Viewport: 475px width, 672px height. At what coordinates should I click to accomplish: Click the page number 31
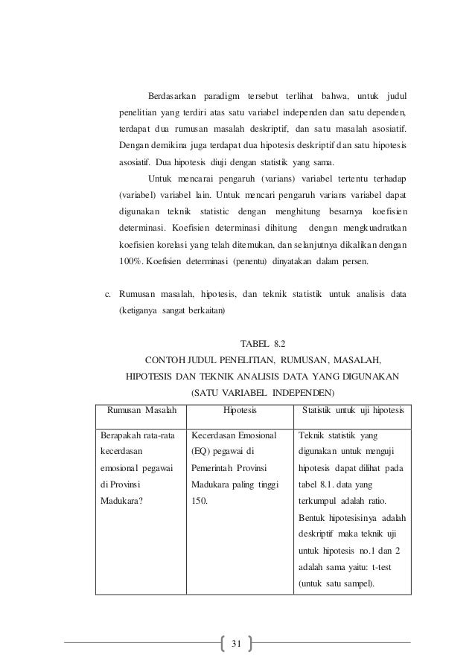238,642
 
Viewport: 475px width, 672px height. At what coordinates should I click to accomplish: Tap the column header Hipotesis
240,409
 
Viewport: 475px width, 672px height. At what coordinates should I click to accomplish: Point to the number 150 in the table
199,501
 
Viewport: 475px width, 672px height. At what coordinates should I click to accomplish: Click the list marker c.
106,294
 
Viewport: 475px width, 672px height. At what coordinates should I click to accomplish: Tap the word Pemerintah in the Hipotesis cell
212,468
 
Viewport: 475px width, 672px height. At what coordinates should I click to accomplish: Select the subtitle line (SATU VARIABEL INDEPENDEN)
263,392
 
